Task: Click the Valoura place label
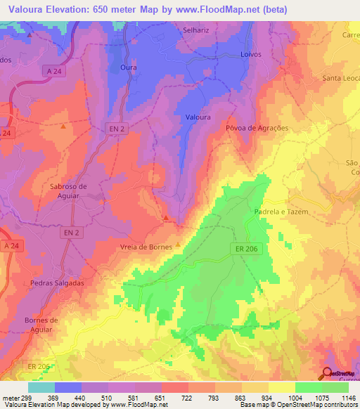click(x=198, y=117)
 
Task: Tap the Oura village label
click(x=128, y=67)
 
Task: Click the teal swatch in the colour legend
click(x=41, y=387)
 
